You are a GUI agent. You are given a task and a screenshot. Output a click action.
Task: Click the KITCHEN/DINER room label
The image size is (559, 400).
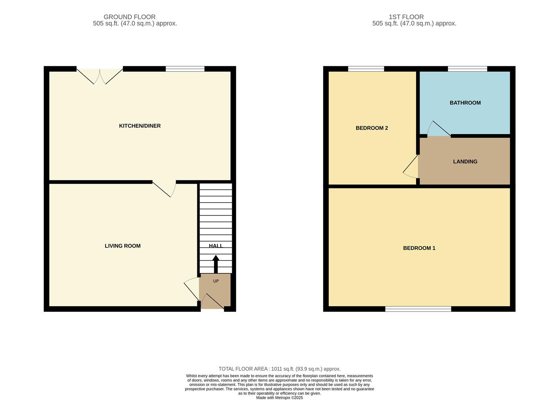tap(140, 126)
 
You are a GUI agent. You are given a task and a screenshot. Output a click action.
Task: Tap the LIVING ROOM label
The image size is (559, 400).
tap(123, 246)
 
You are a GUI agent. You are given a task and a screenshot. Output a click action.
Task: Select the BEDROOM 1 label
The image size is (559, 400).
tap(419, 248)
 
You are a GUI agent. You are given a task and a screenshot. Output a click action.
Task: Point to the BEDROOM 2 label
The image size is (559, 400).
tap(372, 128)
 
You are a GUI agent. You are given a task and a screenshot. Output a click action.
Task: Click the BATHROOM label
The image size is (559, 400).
tap(465, 103)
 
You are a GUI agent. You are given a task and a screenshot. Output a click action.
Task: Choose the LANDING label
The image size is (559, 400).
tap(465, 161)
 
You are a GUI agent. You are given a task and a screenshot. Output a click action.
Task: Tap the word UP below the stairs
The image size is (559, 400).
tap(216, 281)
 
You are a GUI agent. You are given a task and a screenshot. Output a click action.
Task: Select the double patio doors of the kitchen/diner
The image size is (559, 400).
tap(100, 76)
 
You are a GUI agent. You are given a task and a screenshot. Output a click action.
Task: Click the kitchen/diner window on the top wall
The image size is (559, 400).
tap(185, 69)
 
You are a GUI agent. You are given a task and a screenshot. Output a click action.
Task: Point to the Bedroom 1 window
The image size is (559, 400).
tap(418, 309)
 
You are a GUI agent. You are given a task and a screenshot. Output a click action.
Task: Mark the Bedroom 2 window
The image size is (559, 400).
tap(366, 69)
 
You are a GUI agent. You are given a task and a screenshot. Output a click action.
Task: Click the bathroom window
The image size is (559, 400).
tap(467, 69)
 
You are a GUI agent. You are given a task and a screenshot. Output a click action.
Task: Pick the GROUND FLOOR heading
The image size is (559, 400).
tap(130, 17)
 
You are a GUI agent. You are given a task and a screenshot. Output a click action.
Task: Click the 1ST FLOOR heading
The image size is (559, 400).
tap(406, 17)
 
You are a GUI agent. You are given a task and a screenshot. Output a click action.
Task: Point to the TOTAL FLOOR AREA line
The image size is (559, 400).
tap(279, 369)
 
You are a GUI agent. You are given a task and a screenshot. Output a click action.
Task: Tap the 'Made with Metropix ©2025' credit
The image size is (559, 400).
tap(279, 398)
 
